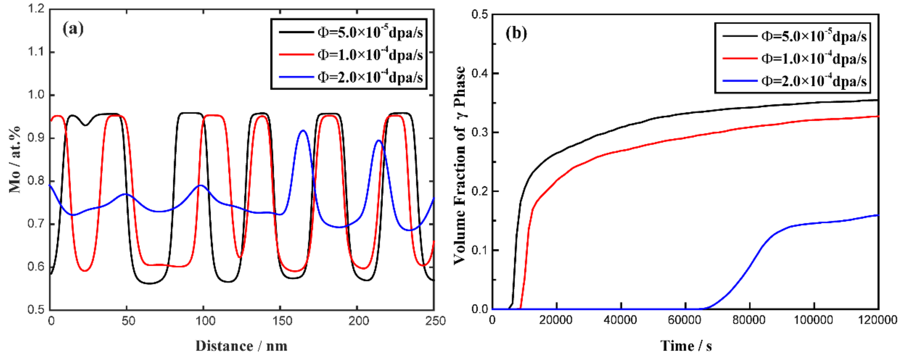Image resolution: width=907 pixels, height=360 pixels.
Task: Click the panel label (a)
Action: click(x=73, y=29)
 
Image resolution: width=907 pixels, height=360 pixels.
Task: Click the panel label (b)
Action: click(x=516, y=34)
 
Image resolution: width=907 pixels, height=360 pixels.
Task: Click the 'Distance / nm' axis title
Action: click(x=242, y=346)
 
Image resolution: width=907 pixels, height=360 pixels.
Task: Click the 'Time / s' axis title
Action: click(x=686, y=346)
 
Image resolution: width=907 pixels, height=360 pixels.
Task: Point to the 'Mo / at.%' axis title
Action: click(x=15, y=159)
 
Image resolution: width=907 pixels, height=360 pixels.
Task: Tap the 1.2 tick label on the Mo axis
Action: click(x=36, y=9)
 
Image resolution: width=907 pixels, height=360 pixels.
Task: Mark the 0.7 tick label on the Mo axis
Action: click(x=36, y=224)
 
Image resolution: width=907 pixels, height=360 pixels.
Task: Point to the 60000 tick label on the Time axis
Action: click(x=685, y=320)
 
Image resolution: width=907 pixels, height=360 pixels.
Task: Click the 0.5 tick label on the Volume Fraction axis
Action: click(x=480, y=15)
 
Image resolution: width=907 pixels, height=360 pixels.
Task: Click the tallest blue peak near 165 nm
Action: click(x=303, y=131)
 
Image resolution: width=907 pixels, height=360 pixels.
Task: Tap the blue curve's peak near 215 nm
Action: click(x=378, y=141)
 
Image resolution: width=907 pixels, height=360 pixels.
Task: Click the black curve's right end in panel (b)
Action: click(x=878, y=100)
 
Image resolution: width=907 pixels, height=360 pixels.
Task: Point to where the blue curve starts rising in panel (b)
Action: click(x=706, y=308)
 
